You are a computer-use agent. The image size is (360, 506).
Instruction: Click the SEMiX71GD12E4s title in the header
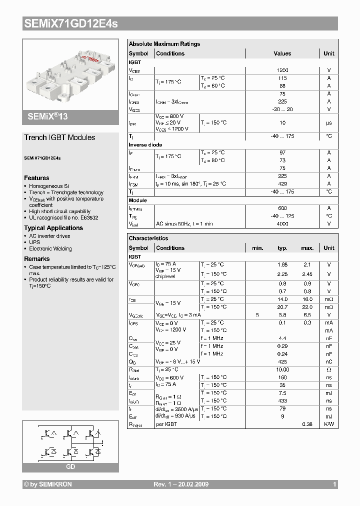tap(71, 23)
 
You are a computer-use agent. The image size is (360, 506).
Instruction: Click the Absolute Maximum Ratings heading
tap(164, 44)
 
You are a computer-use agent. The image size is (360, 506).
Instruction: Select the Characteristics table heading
tap(148, 238)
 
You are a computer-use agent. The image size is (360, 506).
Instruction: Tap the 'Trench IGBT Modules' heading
tap(59, 137)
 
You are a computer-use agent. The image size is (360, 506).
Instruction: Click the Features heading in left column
tap(36, 178)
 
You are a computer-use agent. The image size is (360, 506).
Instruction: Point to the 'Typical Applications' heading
tap(53, 228)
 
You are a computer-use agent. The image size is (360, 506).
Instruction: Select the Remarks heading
tap(37, 259)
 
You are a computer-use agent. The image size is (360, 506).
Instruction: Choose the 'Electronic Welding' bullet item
tap(50, 248)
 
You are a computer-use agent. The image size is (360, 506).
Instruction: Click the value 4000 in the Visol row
tap(282, 224)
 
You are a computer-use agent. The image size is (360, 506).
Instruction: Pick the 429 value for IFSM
tap(282, 184)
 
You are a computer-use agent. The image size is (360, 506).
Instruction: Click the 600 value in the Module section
tap(282, 208)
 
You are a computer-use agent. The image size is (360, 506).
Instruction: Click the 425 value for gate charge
tap(282, 361)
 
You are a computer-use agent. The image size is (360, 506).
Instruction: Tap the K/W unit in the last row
tap(329, 424)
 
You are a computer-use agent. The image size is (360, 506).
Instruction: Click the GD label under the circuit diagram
tap(70, 466)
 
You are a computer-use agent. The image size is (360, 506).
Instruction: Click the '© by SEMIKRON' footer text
tap(48, 484)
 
